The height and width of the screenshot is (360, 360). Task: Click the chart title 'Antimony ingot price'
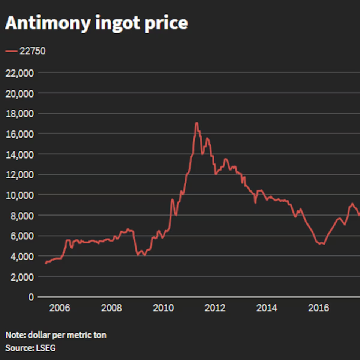click(x=96, y=23)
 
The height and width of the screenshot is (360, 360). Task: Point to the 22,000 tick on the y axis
click(x=19, y=72)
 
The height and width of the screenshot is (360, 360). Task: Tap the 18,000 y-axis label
click(x=19, y=113)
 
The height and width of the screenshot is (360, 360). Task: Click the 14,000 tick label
click(x=19, y=154)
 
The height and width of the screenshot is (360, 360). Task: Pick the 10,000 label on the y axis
click(x=19, y=195)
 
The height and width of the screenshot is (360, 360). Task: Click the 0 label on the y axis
click(x=31, y=297)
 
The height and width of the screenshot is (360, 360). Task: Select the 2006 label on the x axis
click(x=60, y=308)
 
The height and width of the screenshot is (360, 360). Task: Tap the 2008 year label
click(x=111, y=308)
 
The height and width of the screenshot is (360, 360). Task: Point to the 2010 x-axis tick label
click(x=163, y=308)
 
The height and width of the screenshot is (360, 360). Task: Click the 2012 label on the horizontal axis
click(x=215, y=308)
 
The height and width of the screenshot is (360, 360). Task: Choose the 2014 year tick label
click(x=267, y=308)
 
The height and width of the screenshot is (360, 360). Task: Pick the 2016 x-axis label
click(x=318, y=308)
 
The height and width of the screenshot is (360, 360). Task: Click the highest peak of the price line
click(x=196, y=123)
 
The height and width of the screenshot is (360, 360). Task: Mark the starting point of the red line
click(x=45, y=263)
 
